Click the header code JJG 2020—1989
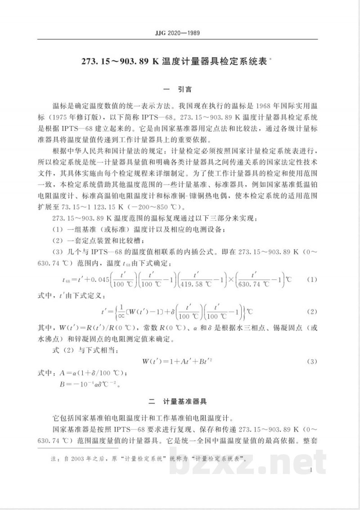click(180, 33)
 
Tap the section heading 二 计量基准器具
click(180, 400)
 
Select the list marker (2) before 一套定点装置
click(59, 241)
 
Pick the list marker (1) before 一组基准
click(59, 230)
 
